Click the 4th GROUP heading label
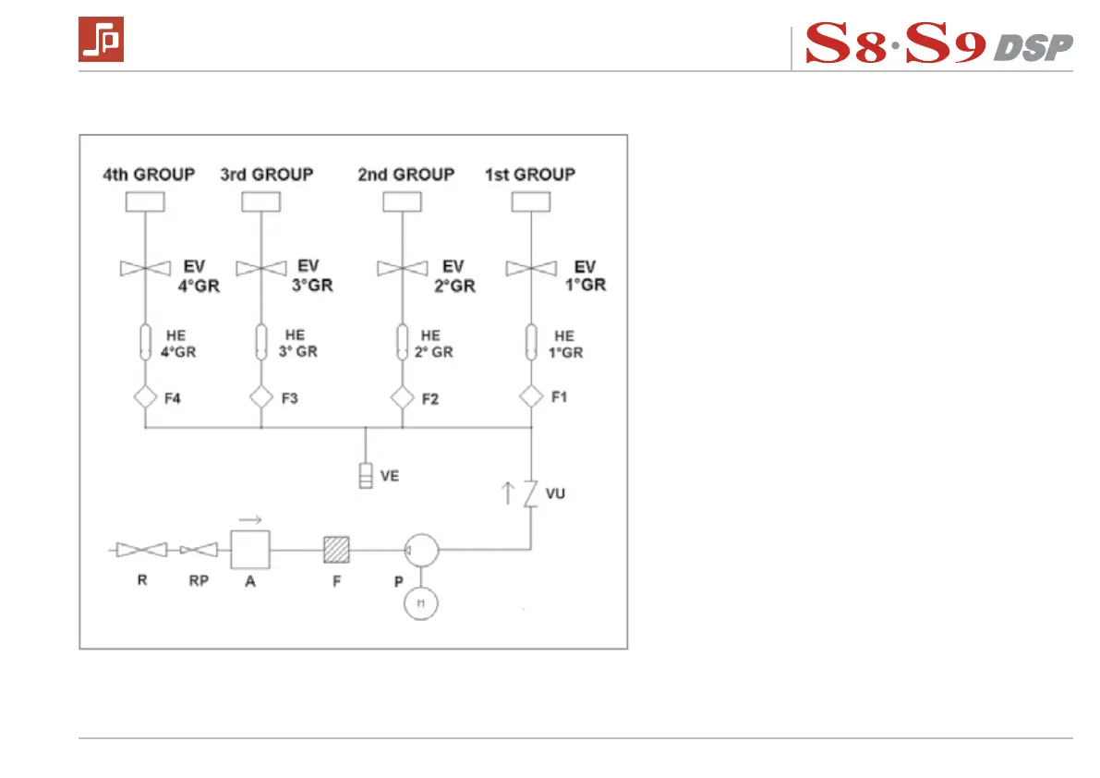tap(149, 174)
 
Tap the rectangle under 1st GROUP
tap(530, 201)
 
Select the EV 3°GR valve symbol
tap(261, 268)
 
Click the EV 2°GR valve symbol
tap(403, 268)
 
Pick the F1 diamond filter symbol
tap(531, 396)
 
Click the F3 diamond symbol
tap(261, 397)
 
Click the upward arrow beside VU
tap(507, 492)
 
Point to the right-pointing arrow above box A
tap(250, 519)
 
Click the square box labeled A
tap(249, 551)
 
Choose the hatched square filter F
tap(336, 551)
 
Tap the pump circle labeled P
tap(420, 551)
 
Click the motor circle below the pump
tap(420, 603)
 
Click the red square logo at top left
tap(101, 41)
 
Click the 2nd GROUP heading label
tap(406, 174)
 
